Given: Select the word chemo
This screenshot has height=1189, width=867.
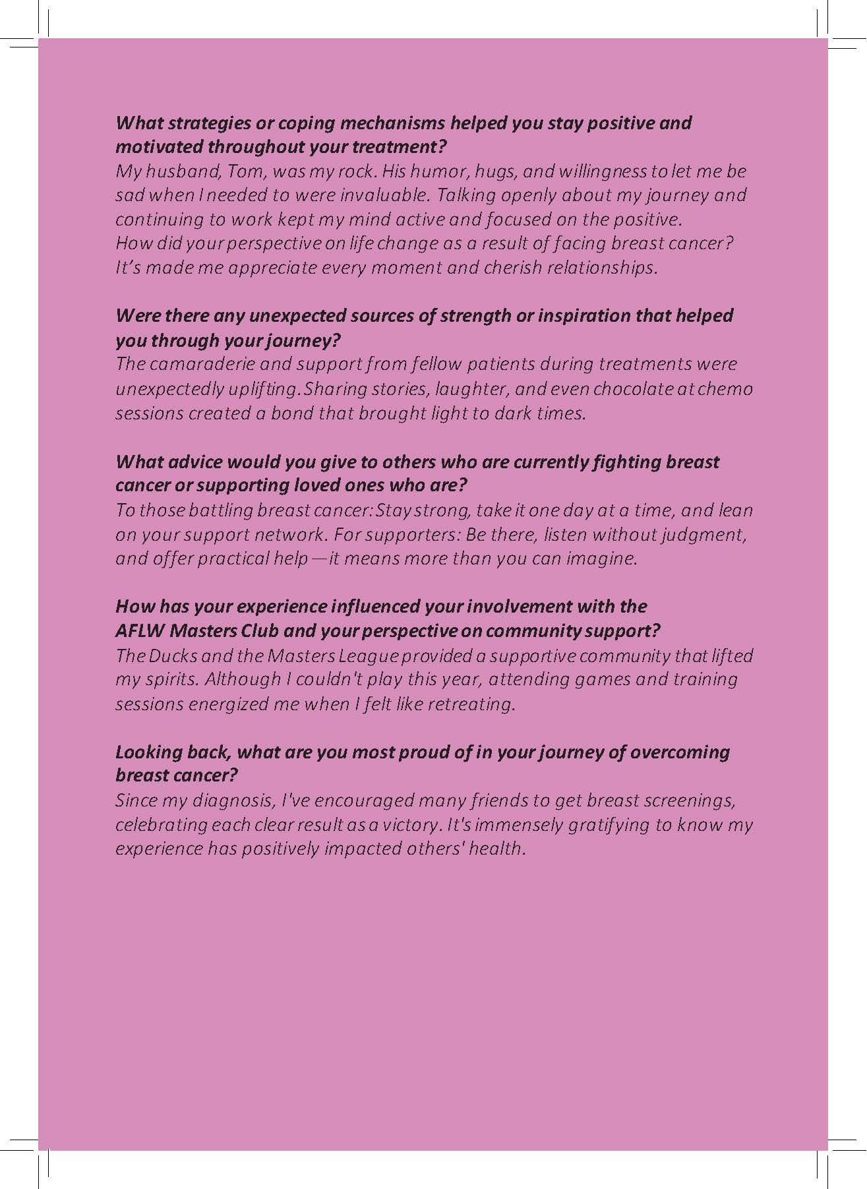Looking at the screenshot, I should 725,388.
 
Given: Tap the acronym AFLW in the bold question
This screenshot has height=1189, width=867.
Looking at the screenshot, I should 140,631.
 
